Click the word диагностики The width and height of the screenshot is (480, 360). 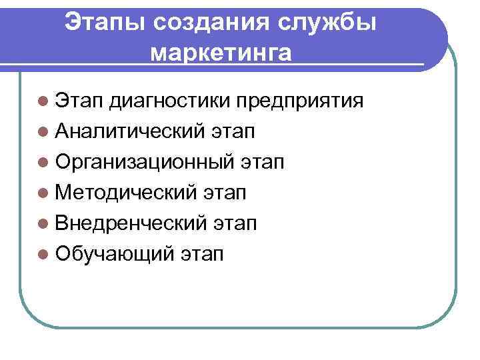point(169,101)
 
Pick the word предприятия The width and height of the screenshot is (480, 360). point(300,101)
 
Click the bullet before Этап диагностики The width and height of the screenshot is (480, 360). point(43,102)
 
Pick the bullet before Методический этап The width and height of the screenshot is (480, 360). point(43,193)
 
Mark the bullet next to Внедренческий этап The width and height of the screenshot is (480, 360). point(43,223)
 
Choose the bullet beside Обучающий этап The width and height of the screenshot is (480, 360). point(43,253)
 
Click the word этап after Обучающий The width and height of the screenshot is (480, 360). point(202,254)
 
